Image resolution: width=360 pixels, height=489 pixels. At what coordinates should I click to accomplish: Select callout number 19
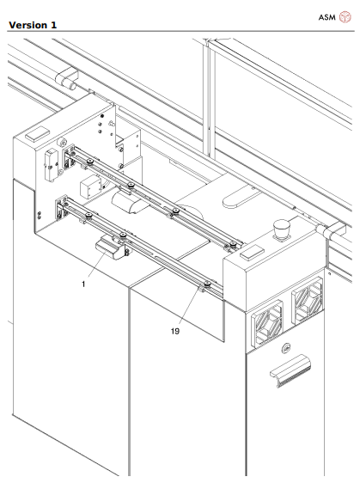click(174, 327)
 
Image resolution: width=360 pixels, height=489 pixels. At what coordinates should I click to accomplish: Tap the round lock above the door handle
click(286, 347)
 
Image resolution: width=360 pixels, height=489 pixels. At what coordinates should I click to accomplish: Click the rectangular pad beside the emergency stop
click(253, 254)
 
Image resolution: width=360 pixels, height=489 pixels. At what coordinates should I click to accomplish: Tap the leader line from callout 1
click(95, 266)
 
